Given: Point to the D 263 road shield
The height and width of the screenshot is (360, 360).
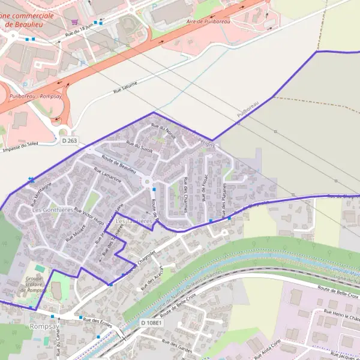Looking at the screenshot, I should click(x=70, y=140).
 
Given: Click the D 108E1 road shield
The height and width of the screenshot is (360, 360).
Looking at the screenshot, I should click(x=151, y=323).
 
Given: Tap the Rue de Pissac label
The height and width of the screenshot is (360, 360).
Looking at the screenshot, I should click(x=204, y=190).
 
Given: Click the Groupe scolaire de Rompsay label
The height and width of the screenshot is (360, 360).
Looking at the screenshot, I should click(x=38, y=284).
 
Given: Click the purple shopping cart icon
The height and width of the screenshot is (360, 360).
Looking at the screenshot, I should click(x=74, y=22).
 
